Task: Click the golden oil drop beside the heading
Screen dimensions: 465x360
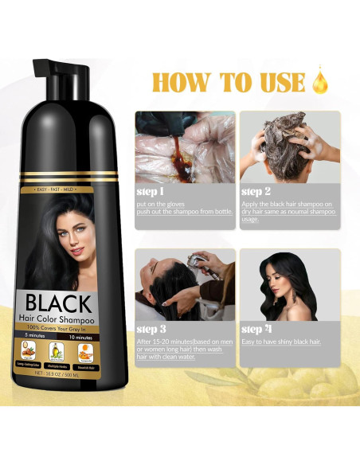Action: pyautogui.click(x=321, y=82)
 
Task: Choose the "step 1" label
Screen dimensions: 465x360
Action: pyautogui.click(x=151, y=192)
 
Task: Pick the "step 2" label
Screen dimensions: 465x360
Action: pyautogui.click(x=256, y=192)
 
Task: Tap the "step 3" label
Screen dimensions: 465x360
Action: pyautogui.click(x=151, y=328)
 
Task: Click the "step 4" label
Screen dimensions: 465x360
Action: pyautogui.click(x=256, y=328)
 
